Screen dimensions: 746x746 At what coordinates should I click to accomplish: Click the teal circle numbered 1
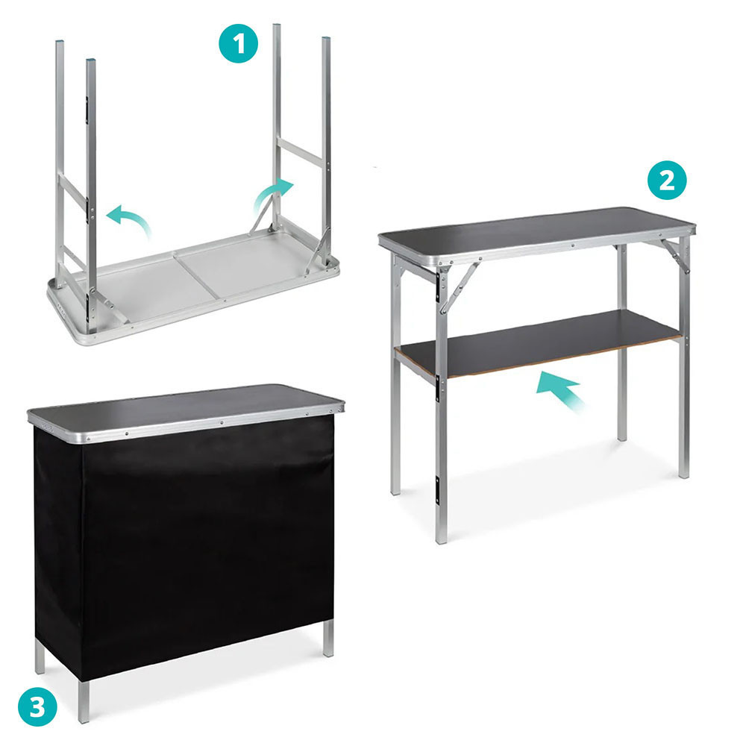point(239,43)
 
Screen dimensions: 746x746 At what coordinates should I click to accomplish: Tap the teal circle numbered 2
point(668,180)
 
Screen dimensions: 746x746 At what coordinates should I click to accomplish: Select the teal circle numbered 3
point(37,707)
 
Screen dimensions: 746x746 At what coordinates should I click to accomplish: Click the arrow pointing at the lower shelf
point(560,390)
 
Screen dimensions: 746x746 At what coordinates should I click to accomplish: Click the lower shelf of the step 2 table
point(538,342)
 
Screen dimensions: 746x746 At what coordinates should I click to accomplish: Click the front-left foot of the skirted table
point(84,702)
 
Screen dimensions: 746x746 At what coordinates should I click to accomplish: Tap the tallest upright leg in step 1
point(277,126)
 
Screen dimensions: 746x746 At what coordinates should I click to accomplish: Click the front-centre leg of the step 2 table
point(442,404)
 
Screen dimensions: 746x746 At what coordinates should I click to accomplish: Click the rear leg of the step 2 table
point(621,342)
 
